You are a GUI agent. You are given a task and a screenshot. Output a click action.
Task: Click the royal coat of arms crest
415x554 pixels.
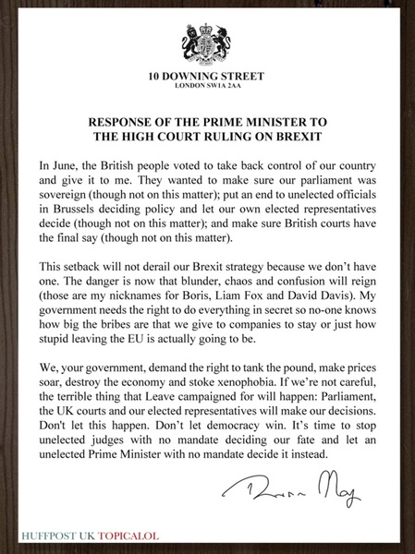207,42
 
